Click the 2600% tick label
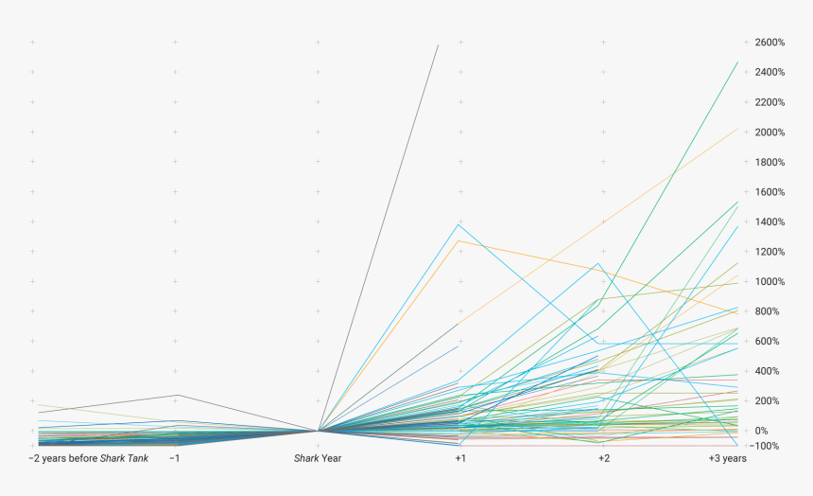(x=770, y=43)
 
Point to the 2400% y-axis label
(x=770, y=72)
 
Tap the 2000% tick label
(x=770, y=132)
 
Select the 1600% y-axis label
(x=770, y=192)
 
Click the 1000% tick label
(x=770, y=281)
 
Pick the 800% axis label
(x=766, y=311)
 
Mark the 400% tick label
(x=766, y=371)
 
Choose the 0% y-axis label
(x=761, y=431)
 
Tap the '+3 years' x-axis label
(x=727, y=459)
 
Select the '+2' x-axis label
(x=603, y=459)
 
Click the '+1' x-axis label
(x=460, y=459)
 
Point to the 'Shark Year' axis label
(x=318, y=459)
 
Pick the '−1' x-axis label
(x=174, y=459)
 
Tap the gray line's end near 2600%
(x=438, y=44)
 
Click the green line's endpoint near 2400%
(x=737, y=62)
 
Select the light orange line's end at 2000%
(x=737, y=129)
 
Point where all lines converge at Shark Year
(x=319, y=431)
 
